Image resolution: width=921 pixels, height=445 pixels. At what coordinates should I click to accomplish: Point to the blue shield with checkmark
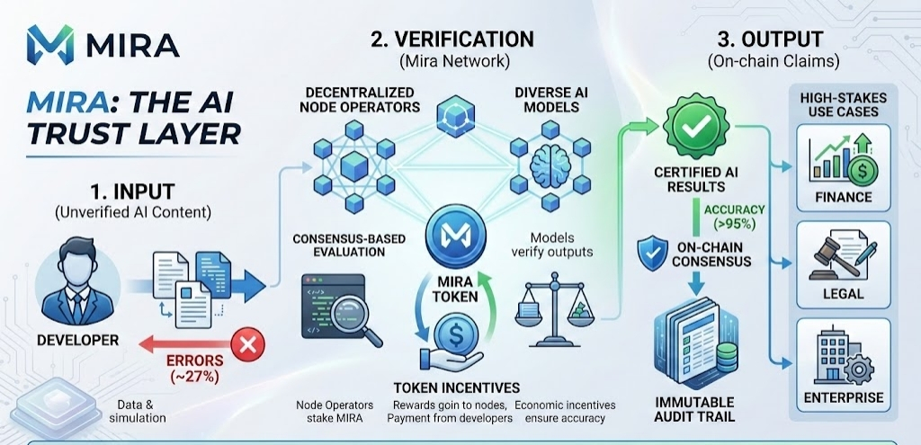pyautogui.click(x=654, y=254)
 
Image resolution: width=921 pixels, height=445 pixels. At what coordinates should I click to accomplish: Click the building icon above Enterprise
pyautogui.click(x=829, y=357)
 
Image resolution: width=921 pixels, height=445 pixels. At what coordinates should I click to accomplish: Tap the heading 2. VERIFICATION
pyautogui.click(x=452, y=40)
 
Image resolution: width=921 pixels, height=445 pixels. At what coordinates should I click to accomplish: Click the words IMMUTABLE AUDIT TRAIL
pyautogui.click(x=693, y=409)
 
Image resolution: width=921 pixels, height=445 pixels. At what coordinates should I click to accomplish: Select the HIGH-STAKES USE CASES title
pyautogui.click(x=838, y=103)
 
